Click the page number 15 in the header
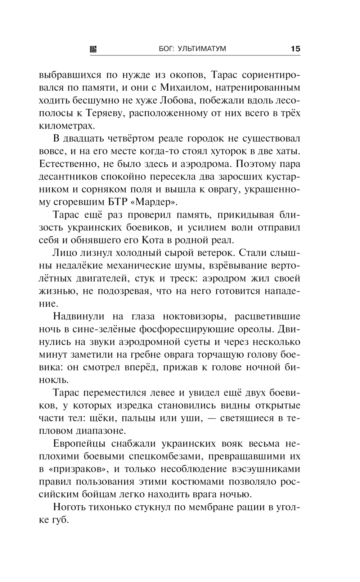tap(295, 49)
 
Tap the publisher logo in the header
tap(93, 49)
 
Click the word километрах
tap(67, 126)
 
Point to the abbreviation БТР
tap(118, 202)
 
